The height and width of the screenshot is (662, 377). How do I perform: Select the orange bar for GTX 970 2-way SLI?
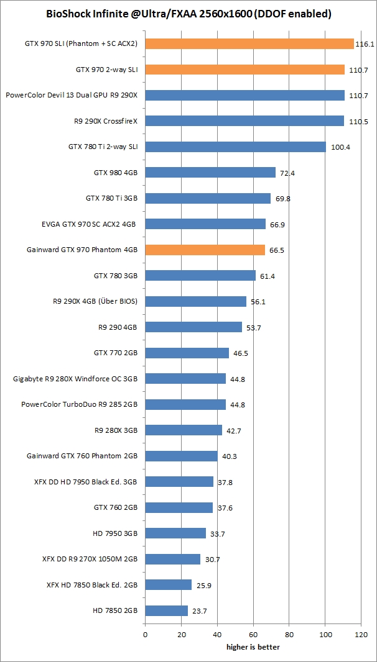(244, 70)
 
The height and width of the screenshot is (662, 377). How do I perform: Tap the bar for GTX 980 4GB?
(210, 173)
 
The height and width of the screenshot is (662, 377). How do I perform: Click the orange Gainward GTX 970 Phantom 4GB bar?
(205, 250)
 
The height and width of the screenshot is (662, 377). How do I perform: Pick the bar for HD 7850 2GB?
(166, 610)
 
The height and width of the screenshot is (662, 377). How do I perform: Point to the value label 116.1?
(364, 44)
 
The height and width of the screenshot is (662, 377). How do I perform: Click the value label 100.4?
(340, 147)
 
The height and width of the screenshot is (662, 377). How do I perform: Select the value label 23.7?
(198, 610)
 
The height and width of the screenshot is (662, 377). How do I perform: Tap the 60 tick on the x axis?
(253, 635)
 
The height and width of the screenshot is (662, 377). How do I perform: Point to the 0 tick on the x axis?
(145, 635)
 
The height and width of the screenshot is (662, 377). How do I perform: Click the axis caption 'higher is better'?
(253, 646)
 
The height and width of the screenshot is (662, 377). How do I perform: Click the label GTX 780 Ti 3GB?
(111, 198)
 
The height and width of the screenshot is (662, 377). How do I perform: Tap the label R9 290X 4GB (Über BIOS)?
(95, 301)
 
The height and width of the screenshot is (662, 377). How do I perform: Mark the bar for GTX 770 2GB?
(187, 353)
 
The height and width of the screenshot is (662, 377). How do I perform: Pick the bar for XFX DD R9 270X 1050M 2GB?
(172, 559)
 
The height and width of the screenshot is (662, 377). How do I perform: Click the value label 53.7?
(253, 327)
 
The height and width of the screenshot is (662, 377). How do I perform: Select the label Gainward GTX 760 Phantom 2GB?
(82, 456)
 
